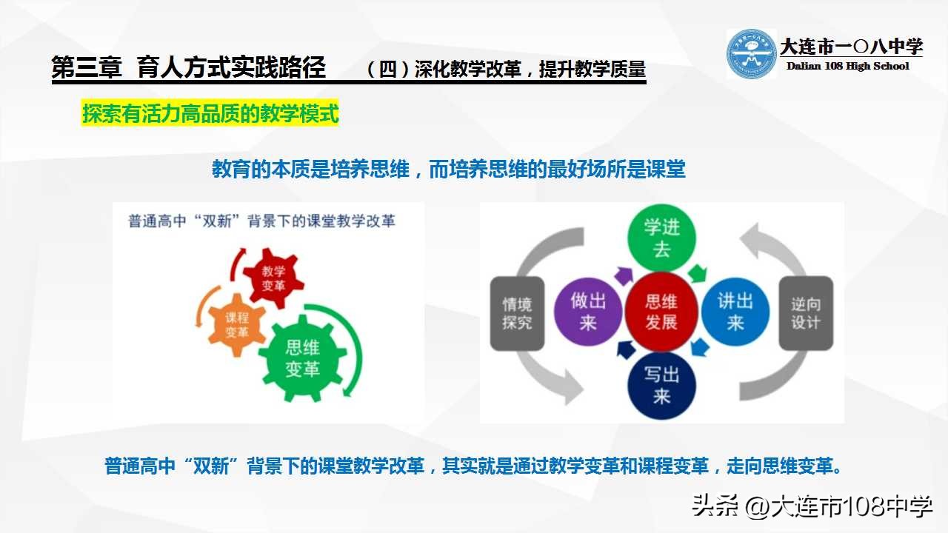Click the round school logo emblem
751,54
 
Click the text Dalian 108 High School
847,66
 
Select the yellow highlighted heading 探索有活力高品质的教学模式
210,115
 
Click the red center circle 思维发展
661,312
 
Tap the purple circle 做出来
589,312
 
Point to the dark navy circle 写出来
661,385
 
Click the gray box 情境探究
517,313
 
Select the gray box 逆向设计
806,313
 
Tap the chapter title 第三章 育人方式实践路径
189,68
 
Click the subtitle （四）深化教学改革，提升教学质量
506,70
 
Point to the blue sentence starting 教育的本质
449,170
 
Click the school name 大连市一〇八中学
851,47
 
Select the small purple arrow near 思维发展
624,276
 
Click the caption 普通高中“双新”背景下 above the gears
261,221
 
